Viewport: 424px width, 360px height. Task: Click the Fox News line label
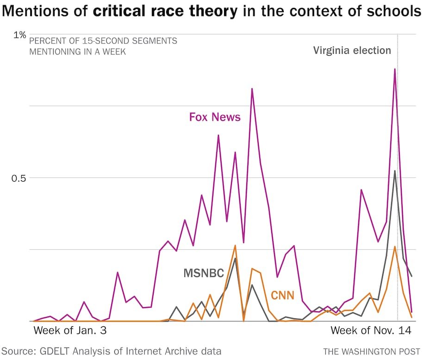click(215, 117)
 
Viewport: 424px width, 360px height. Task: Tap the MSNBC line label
click(204, 273)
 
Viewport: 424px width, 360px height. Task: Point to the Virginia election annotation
click(352, 51)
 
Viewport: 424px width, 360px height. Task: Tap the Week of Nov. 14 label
click(370, 331)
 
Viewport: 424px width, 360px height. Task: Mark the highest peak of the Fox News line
click(395, 69)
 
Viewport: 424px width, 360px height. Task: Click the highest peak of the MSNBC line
click(394, 171)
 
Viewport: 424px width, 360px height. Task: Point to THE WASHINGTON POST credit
click(372, 352)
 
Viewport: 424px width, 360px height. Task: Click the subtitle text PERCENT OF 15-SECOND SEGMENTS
click(103, 41)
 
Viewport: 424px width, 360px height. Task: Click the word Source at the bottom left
click(17, 351)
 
